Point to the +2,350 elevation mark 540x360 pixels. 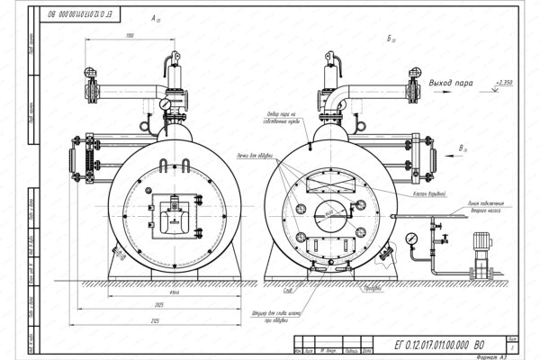tap(504, 83)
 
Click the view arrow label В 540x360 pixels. tap(461, 146)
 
